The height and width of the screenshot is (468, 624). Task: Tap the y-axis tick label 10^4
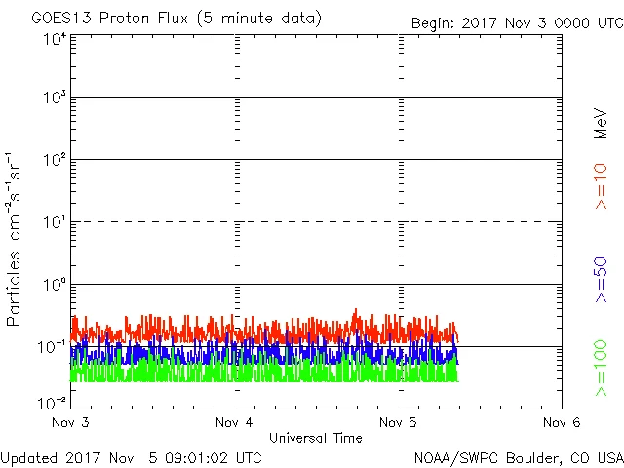coord(55,39)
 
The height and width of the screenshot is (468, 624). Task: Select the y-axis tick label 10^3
coord(55,97)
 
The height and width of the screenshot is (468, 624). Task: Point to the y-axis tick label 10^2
coord(55,160)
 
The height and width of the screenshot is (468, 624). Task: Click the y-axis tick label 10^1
coord(55,222)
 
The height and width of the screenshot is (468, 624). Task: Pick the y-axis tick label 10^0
coord(55,285)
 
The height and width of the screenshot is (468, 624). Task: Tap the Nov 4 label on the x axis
coord(235,423)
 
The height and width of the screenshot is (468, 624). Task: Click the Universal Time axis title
coord(316,438)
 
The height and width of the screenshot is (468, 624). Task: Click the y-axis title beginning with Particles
coord(15,239)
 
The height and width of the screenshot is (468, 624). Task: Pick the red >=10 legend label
coord(601,186)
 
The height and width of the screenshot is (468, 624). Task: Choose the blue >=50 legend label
coord(601,281)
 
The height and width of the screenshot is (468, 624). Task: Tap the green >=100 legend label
coord(601,368)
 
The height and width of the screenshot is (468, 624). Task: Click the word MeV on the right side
coord(601,124)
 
